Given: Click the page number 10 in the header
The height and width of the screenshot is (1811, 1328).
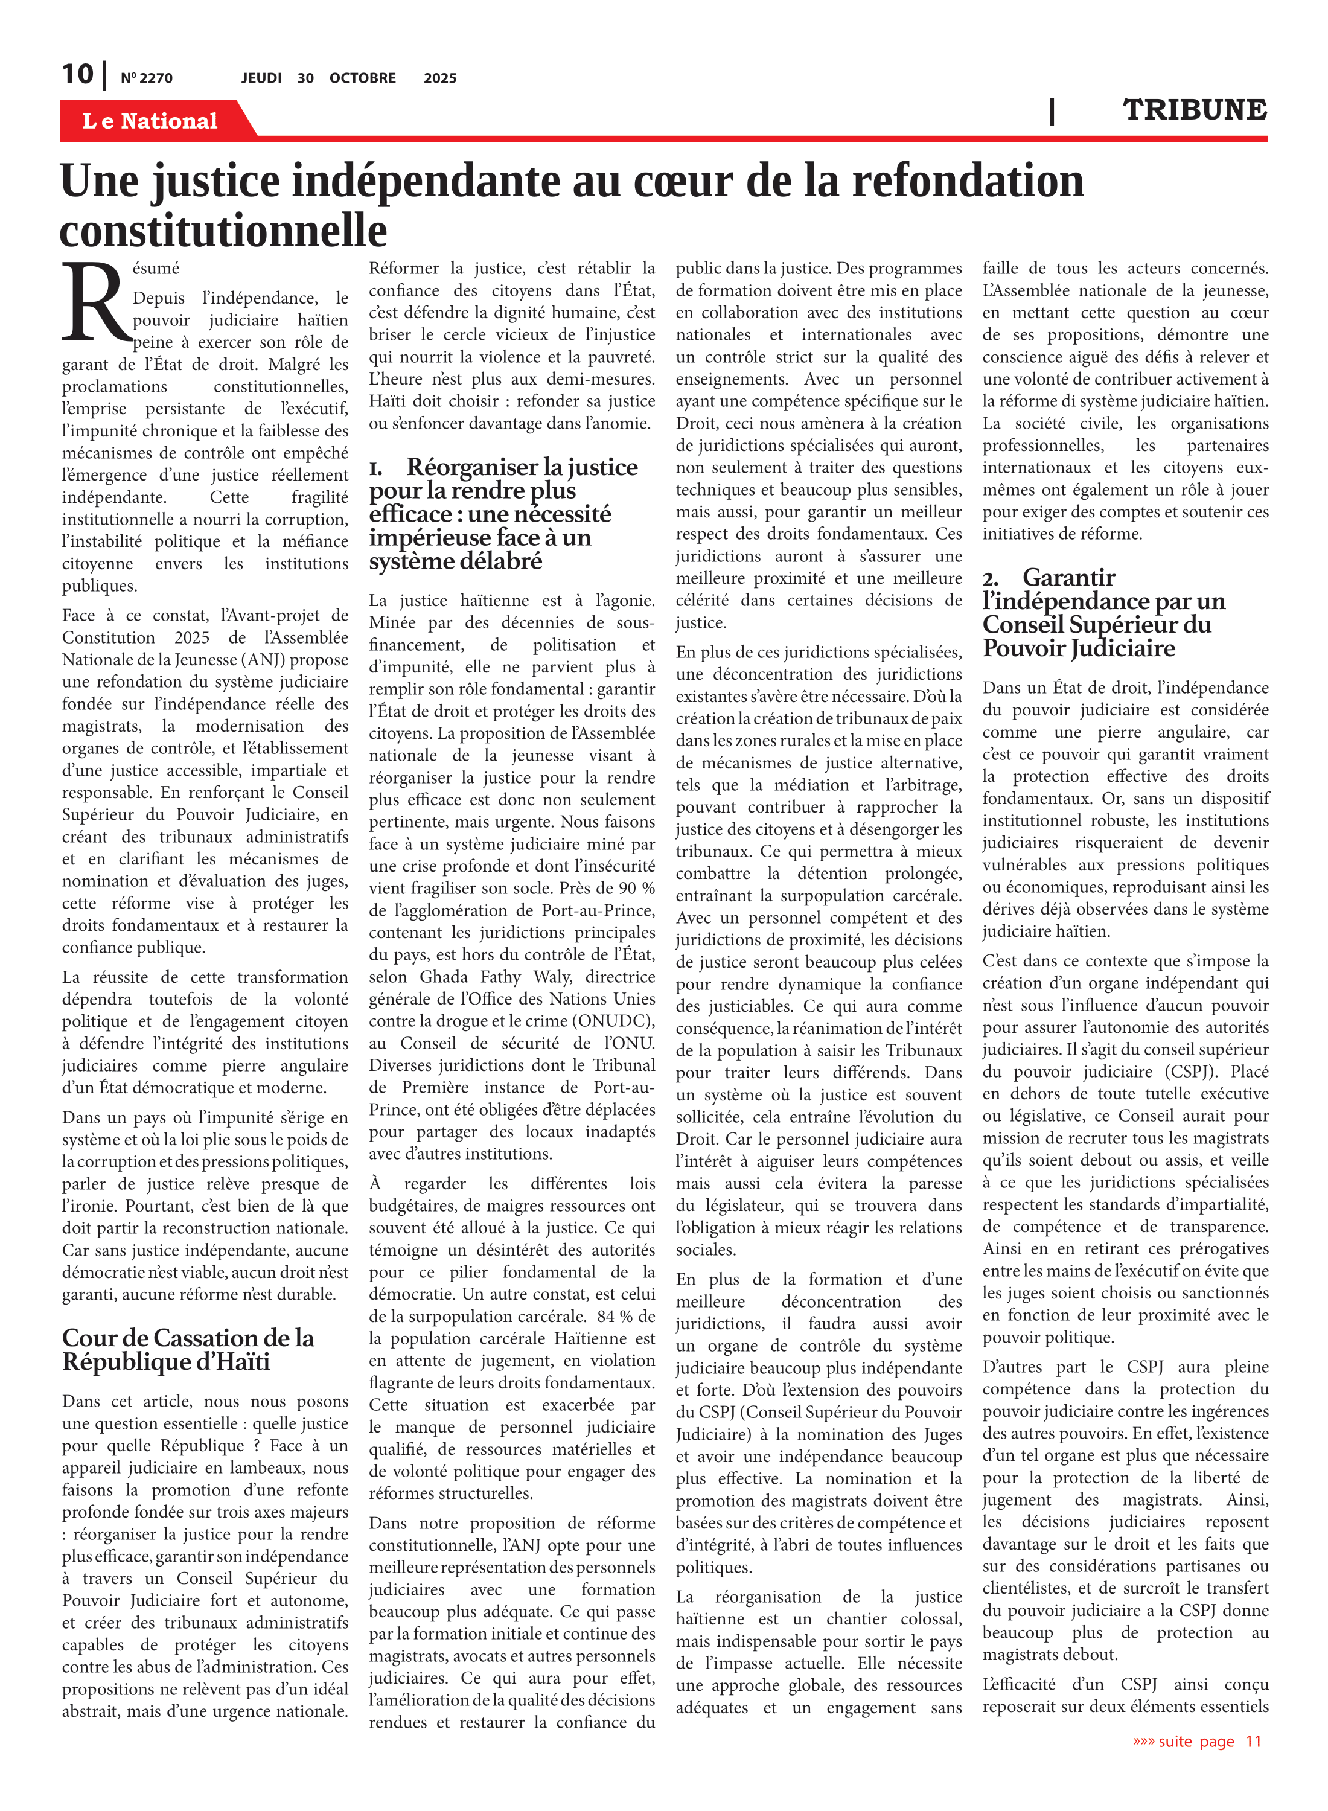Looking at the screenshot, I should (x=77, y=74).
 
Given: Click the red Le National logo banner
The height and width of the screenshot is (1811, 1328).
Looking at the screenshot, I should (x=150, y=121).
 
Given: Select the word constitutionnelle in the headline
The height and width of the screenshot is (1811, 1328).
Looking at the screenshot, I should (x=223, y=231).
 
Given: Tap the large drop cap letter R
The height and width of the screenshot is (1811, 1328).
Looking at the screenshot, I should (x=95, y=301).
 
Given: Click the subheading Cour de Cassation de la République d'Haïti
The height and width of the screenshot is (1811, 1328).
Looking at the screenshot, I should (x=188, y=1350).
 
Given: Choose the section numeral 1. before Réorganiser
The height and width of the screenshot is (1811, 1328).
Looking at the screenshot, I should (x=376, y=468).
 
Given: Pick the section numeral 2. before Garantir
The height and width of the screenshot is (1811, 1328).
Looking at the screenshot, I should (x=991, y=579).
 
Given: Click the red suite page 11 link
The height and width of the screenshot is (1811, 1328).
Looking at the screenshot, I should (x=1197, y=1741).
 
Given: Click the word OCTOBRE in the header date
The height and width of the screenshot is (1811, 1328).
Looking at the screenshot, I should (x=363, y=78).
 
